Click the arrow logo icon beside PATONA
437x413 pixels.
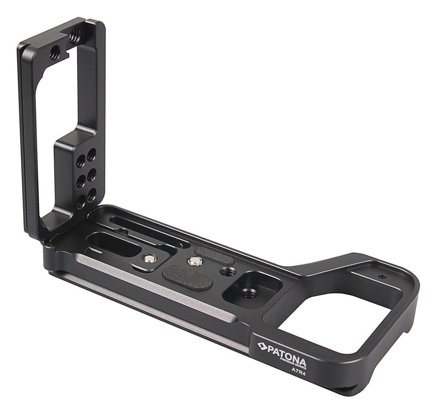click(262, 346)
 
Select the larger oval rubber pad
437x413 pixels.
click(187, 278)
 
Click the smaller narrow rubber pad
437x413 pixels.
click(214, 255)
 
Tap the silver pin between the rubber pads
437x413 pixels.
click(195, 262)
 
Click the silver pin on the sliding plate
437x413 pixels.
click(150, 259)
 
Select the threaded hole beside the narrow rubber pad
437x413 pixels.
click(228, 272)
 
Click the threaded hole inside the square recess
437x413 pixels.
click(250, 293)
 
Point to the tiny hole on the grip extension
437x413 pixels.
click(382, 277)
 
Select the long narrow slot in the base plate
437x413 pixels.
click(149, 229)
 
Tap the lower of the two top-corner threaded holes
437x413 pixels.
click(55, 53)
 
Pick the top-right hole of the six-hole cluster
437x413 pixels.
click(91, 155)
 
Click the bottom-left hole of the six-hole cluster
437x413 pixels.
click(81, 201)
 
